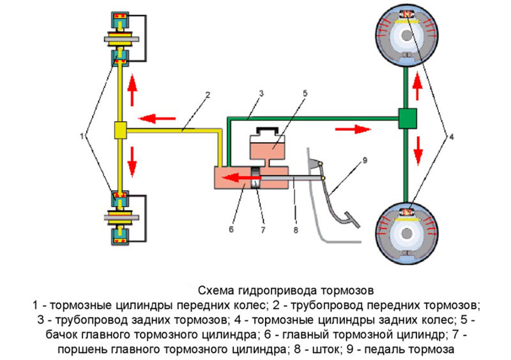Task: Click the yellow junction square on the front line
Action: coord(120,130)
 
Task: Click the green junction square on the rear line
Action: coord(407,117)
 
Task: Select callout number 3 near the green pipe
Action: coord(261,93)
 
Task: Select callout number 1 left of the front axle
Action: coord(82,135)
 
